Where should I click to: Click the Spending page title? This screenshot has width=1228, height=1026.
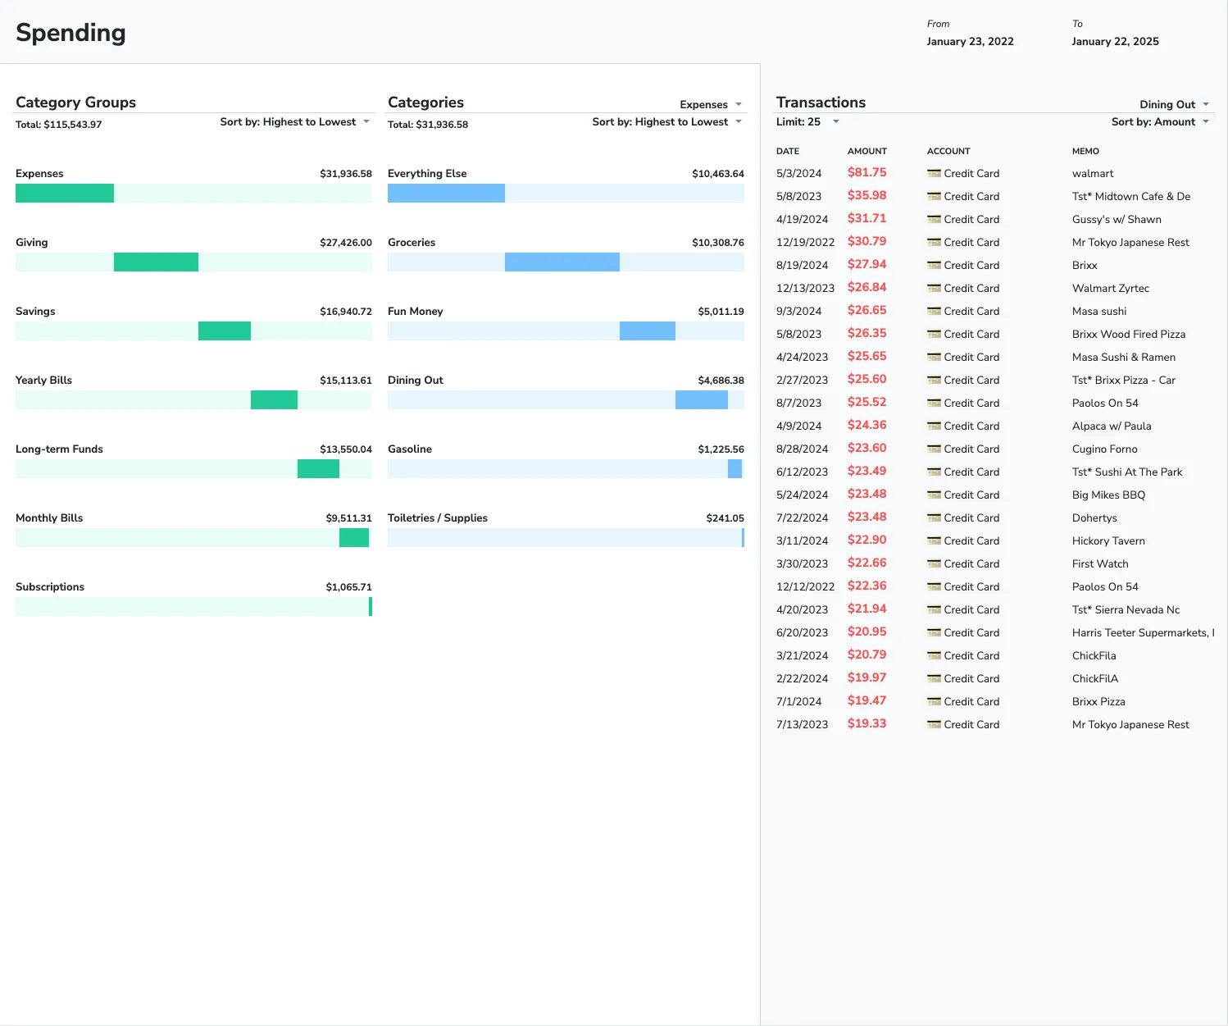(70, 33)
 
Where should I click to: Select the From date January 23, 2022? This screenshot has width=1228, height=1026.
(970, 42)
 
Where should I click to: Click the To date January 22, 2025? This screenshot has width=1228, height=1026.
(1115, 42)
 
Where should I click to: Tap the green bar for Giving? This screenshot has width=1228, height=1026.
(156, 262)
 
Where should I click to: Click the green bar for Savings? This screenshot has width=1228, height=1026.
(225, 331)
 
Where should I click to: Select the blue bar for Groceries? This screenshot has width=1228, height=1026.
(562, 262)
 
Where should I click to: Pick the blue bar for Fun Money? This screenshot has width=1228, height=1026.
(647, 331)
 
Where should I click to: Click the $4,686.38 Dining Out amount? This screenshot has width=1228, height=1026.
(721, 381)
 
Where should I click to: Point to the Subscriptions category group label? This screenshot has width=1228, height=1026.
(50, 587)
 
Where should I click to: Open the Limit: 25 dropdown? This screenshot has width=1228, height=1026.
(807, 122)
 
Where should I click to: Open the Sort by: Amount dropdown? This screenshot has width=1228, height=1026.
(1159, 122)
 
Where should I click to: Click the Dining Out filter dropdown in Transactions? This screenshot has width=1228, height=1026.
(1173, 105)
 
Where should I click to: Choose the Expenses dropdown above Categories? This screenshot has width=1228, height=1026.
(710, 105)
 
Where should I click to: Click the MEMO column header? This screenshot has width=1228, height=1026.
(1085, 151)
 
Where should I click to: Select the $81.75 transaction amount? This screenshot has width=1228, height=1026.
(866, 173)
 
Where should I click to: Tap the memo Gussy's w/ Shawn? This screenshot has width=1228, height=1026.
(1116, 220)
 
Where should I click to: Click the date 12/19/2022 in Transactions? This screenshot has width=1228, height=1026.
(805, 243)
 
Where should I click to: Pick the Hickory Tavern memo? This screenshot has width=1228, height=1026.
(1108, 541)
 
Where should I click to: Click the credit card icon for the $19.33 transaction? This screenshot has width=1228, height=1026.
(934, 724)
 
